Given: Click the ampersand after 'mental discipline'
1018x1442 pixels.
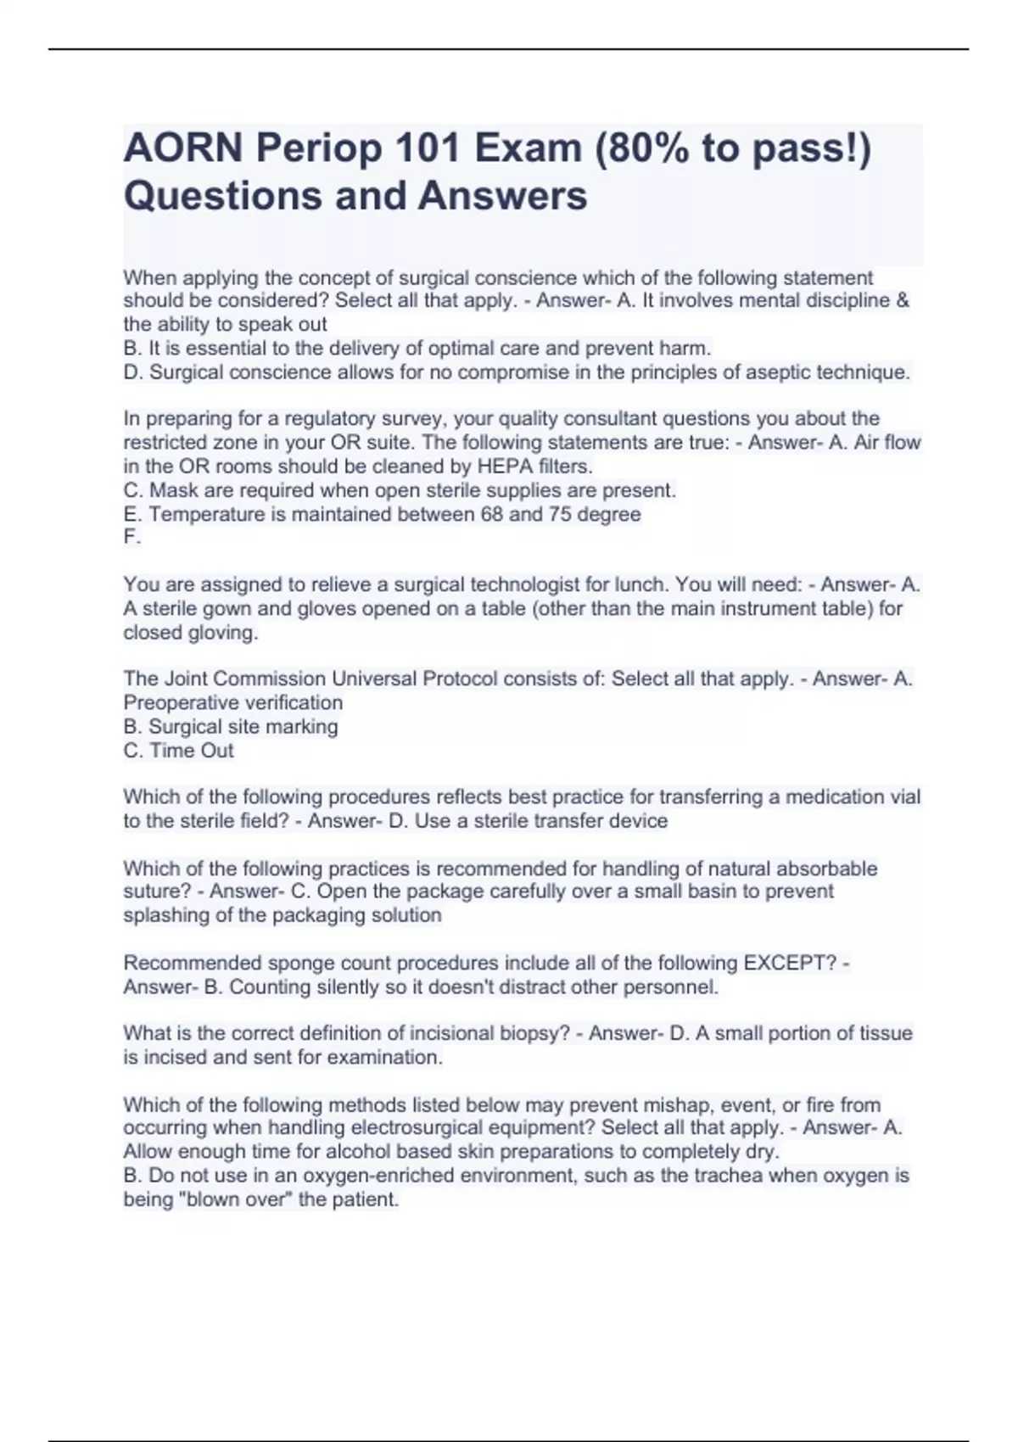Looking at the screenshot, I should pyautogui.click(x=903, y=300).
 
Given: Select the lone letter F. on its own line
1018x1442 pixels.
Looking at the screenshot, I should pyautogui.click(x=132, y=537).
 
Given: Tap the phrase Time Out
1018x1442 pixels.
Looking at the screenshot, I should pyautogui.click(x=191, y=751).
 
